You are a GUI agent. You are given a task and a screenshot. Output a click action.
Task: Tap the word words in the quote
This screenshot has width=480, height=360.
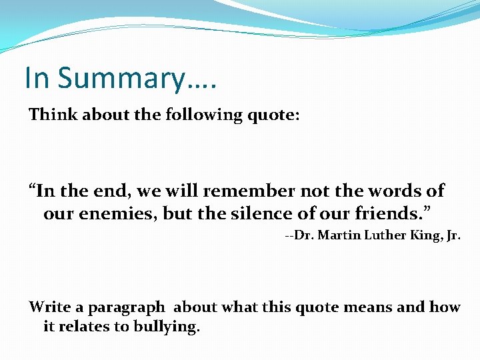tap(383, 191)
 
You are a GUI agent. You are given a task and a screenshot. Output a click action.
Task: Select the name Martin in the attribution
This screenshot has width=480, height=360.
tap(332, 236)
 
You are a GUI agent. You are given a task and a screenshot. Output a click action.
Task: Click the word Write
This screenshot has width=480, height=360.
tap(49, 307)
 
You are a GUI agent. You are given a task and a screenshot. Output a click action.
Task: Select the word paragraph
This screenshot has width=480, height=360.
tap(126, 308)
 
